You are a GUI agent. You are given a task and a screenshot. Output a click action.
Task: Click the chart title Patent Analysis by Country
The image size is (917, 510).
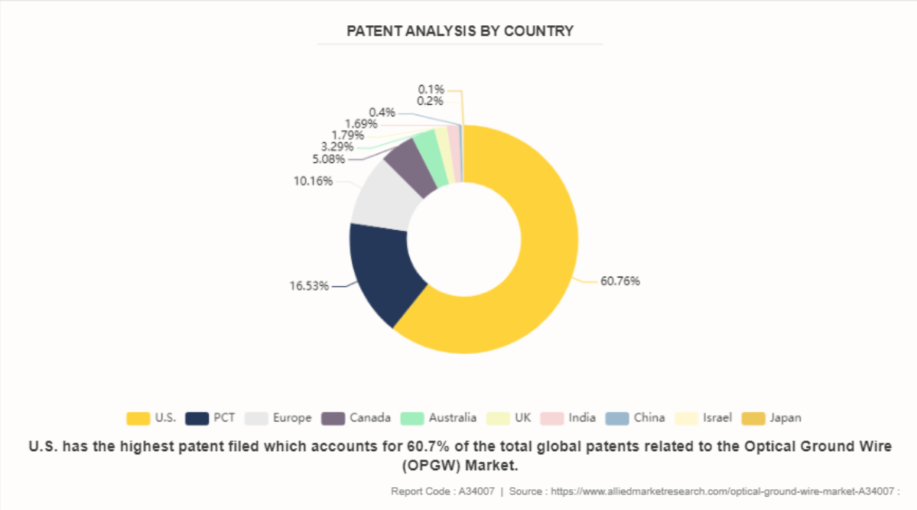tap(460, 31)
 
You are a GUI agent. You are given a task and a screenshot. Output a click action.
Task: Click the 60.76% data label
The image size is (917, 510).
tap(620, 281)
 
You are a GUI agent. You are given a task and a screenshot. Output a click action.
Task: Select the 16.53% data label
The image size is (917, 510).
tap(309, 286)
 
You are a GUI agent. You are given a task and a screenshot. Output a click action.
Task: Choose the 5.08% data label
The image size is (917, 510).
tap(328, 159)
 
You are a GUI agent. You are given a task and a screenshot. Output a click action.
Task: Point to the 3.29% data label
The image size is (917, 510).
tap(337, 147)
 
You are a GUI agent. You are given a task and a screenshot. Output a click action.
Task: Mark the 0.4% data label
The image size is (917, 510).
tap(382, 113)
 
